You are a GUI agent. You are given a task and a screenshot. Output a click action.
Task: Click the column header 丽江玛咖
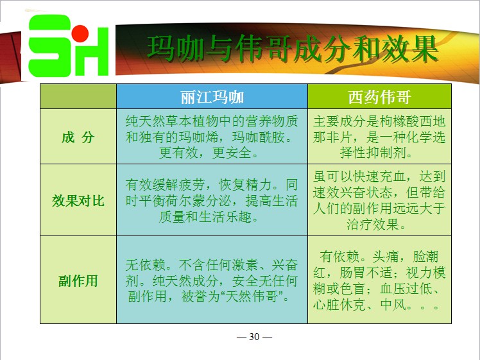point(212,98)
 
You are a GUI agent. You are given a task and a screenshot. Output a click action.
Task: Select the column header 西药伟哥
point(379,98)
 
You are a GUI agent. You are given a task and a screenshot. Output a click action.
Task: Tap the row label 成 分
point(78,137)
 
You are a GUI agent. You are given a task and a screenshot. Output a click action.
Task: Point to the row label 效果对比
point(78,201)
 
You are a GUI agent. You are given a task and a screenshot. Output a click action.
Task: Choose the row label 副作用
point(78,280)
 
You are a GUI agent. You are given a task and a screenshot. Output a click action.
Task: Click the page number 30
point(254,337)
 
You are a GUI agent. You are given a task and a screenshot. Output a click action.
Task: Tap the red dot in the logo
point(80,33)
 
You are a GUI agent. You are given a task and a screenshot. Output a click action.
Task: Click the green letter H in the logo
point(92,52)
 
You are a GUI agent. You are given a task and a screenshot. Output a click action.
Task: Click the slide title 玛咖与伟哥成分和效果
point(293,49)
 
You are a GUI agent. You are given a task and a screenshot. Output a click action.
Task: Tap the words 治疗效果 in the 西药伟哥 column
point(373,224)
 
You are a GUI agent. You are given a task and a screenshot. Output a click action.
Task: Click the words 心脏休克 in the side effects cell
point(339,304)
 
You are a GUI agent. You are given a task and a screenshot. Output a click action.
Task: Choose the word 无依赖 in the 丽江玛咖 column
point(146,264)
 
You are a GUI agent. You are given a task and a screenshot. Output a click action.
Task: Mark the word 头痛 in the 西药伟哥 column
point(386,257)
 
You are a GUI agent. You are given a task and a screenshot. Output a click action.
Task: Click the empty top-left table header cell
point(78,96)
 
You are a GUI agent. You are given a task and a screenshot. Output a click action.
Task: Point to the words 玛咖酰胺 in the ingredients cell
point(259,137)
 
